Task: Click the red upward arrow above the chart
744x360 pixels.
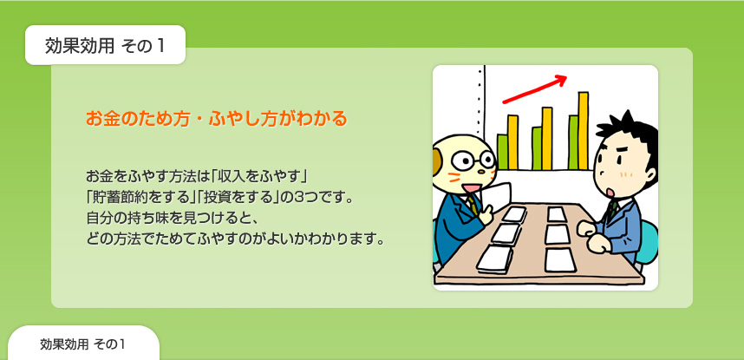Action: point(535,88)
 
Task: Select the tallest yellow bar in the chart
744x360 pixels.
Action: point(584,131)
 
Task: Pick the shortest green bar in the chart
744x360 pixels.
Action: point(502,152)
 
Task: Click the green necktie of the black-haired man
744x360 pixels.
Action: point(614,209)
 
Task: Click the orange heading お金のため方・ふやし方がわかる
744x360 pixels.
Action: point(217,118)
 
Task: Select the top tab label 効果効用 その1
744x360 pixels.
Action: point(105,46)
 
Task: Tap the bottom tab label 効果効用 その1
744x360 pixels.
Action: point(82,344)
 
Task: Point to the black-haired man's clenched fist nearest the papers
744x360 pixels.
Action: point(588,228)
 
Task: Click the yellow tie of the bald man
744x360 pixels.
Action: point(473,206)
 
